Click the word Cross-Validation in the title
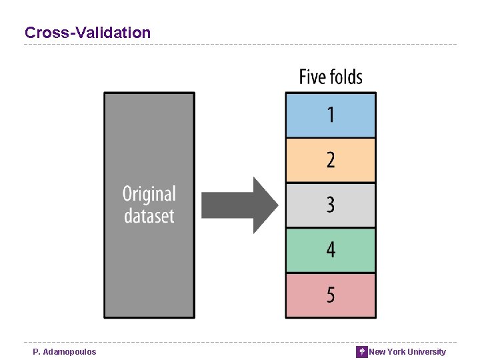87,32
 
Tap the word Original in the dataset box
149,194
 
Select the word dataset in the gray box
149,216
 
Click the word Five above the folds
312,77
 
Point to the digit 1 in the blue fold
331,115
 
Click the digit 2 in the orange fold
331,160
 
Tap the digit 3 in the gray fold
331,205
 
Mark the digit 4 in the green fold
331,250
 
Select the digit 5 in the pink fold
331,295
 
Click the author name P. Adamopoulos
65,352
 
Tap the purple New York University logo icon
362,352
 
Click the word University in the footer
426,352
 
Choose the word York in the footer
396,352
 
